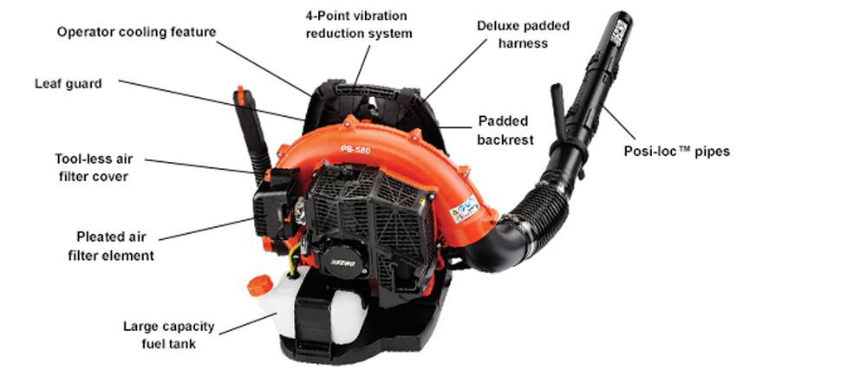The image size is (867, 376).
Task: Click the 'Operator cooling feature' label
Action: [136, 32]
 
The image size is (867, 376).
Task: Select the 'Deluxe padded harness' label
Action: [524, 34]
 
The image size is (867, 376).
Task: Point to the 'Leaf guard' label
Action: [68, 84]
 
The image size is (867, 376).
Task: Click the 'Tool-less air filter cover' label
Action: [91, 167]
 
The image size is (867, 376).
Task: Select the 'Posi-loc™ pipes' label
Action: [677, 151]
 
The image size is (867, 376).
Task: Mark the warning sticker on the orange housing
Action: [463, 209]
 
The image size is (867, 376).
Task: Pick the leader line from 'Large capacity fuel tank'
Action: [247, 323]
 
